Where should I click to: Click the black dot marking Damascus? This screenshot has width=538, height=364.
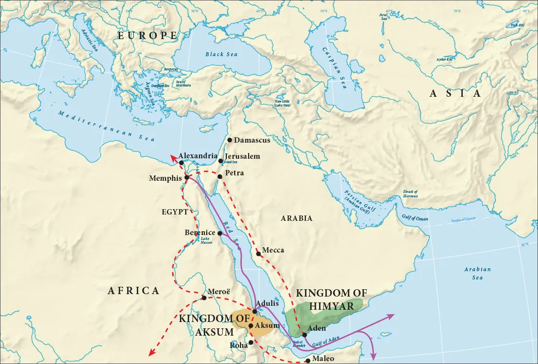(x=230, y=140)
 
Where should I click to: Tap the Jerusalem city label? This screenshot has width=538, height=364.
(x=242, y=156)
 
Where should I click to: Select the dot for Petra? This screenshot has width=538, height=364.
(x=220, y=176)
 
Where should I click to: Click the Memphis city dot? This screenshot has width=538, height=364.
(x=187, y=177)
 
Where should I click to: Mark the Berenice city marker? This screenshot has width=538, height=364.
(x=220, y=233)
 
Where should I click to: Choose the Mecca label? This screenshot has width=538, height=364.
(x=273, y=250)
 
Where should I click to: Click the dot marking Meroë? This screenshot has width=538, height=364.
(x=204, y=298)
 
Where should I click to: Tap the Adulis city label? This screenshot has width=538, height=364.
(x=267, y=303)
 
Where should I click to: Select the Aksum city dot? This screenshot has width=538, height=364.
(x=251, y=326)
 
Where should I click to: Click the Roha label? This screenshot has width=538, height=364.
(x=238, y=345)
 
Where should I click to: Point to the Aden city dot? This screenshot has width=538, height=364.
(x=304, y=335)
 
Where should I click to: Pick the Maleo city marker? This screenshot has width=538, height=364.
(x=307, y=361)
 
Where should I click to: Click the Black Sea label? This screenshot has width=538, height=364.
(x=221, y=54)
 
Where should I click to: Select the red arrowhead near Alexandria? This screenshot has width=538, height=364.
(x=172, y=156)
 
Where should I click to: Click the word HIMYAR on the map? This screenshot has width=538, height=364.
(x=332, y=306)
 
